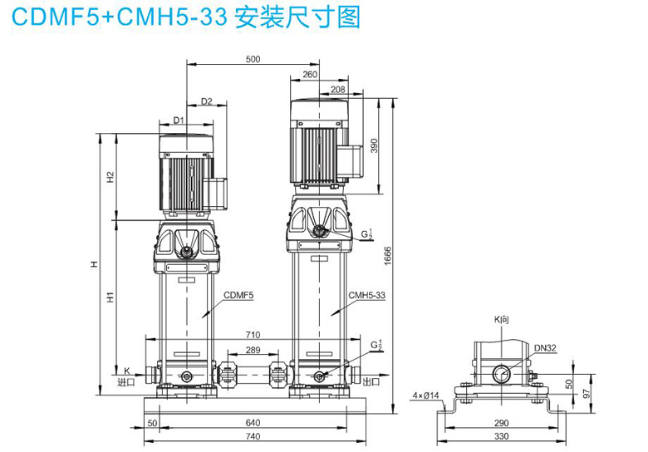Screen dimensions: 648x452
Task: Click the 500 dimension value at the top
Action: [x=253, y=59]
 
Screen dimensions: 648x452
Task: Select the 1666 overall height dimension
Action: [x=388, y=256]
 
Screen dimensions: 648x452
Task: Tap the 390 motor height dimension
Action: [x=374, y=146]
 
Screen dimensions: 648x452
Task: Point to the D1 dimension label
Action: [x=178, y=120]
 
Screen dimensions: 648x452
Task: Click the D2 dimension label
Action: [x=206, y=101]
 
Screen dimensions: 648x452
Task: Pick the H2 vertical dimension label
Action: [x=110, y=177]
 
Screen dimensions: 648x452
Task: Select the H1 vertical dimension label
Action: [x=110, y=297]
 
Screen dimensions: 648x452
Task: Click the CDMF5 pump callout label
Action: [x=238, y=295]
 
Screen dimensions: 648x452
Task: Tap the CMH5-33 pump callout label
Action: [x=367, y=295]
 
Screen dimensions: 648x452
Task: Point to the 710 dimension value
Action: [x=253, y=335]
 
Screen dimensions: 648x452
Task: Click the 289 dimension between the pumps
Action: [x=253, y=350]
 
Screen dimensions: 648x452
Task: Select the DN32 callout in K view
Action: [x=545, y=348]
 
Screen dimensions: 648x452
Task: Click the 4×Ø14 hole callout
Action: [x=425, y=395]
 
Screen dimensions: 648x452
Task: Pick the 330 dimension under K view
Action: [x=501, y=436]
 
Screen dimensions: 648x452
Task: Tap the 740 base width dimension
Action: [x=253, y=436]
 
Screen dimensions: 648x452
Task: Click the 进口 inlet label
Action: [x=126, y=381]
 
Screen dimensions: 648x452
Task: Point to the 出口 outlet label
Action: [x=371, y=381]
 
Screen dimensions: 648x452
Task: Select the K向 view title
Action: [x=501, y=319]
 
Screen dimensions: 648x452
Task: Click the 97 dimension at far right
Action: [x=587, y=393]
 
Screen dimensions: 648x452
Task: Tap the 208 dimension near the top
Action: [x=337, y=89]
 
